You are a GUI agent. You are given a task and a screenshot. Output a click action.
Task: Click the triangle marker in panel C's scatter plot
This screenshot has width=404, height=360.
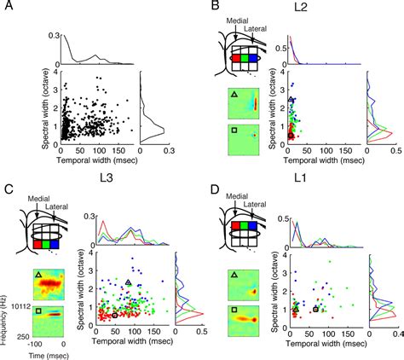click(128, 282)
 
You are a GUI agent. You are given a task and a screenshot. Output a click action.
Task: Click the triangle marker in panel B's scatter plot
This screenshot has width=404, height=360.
click(292, 100)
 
